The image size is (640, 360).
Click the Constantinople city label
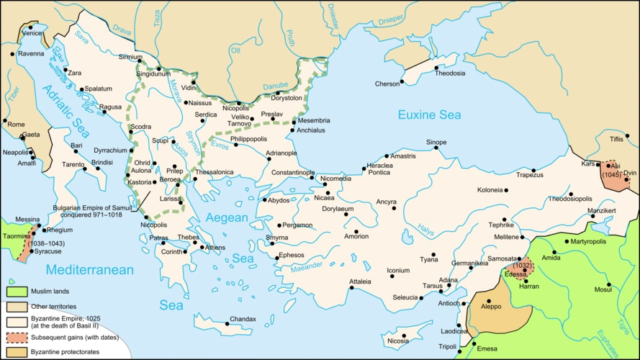pos(292,173)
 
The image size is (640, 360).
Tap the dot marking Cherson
pos(404,84)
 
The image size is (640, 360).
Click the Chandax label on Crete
pos(242,319)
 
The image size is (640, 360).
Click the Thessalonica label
pos(215,172)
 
